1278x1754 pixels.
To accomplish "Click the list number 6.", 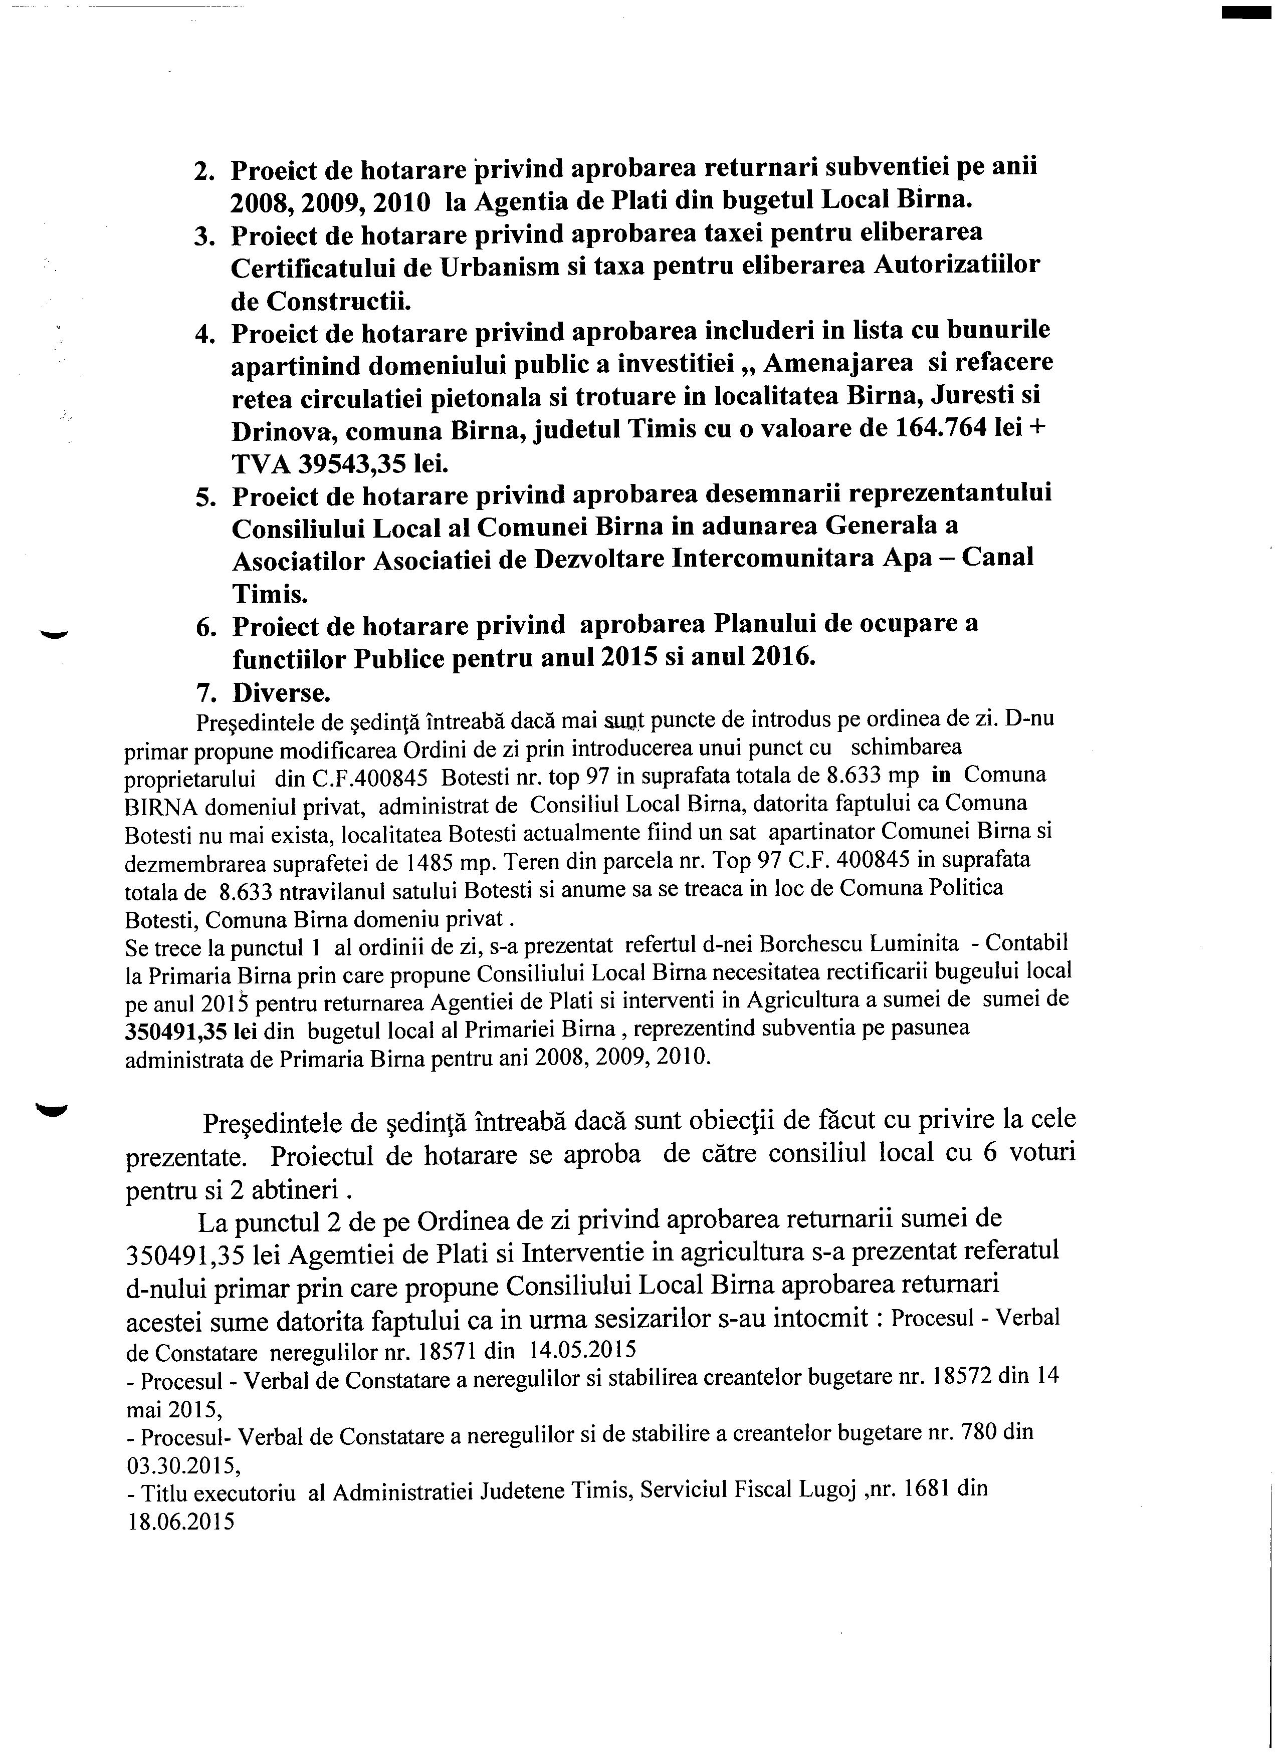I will click(205, 626).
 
